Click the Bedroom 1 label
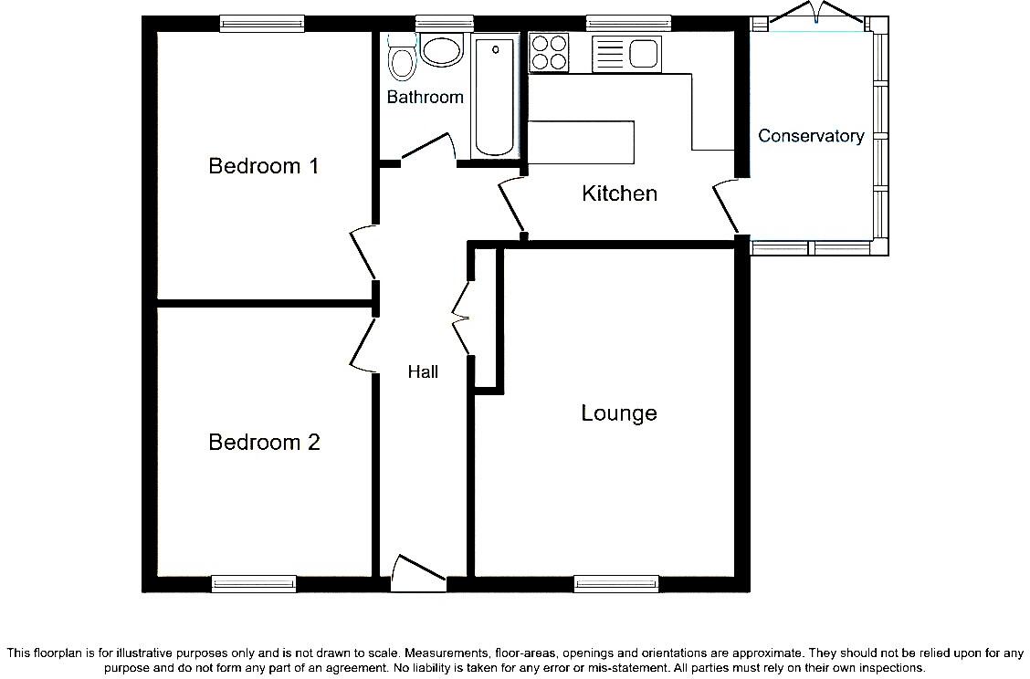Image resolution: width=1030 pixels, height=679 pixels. click(263, 166)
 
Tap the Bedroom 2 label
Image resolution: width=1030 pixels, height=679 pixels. click(264, 443)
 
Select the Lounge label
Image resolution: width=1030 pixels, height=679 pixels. click(618, 413)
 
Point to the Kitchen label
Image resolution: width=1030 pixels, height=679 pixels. click(619, 193)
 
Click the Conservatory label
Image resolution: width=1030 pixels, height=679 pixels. click(811, 136)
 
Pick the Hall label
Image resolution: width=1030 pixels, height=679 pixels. click(423, 371)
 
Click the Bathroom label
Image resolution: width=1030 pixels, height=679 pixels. click(425, 97)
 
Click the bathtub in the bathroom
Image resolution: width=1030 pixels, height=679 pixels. click(494, 96)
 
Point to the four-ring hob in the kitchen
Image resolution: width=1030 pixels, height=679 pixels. click(548, 51)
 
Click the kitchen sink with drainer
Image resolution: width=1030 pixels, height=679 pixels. click(625, 53)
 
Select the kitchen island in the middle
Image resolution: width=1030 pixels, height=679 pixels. click(581, 142)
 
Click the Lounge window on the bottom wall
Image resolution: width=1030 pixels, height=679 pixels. click(616, 583)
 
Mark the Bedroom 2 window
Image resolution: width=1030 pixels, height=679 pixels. click(254, 583)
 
